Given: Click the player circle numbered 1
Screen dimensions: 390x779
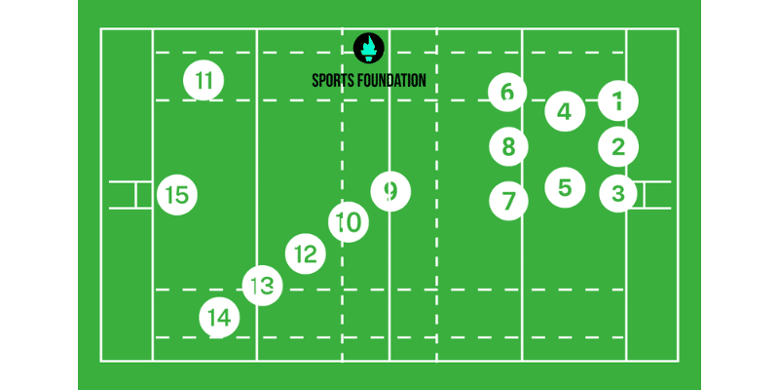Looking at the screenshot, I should tap(618, 99).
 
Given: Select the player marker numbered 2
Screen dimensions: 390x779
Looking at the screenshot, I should tap(618, 147).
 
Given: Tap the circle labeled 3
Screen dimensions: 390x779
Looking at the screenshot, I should tap(618, 193).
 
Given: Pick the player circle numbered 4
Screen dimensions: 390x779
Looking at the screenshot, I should tap(565, 111).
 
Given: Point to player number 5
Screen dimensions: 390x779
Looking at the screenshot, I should tap(565, 185).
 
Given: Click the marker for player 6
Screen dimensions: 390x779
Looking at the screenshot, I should tap(507, 93).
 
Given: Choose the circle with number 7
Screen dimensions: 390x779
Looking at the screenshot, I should tap(507, 202).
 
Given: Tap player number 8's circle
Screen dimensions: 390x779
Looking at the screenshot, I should tap(507, 147).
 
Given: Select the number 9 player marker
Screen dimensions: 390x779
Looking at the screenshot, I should tap(390, 190).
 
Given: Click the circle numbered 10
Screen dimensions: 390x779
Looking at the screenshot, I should tap(348, 222).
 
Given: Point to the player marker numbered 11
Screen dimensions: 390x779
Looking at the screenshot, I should tap(204, 80).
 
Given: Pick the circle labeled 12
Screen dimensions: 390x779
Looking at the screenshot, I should tap(306, 254).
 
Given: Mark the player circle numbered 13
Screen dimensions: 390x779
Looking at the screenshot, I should tap(261, 287).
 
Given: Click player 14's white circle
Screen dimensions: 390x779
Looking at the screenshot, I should tap(220, 318).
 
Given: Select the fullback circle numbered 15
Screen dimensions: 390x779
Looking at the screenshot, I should tap(176, 195).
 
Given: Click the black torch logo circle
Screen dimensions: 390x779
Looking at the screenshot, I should tap(369, 48).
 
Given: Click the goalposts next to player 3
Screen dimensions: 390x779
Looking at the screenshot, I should tap(654, 194).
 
